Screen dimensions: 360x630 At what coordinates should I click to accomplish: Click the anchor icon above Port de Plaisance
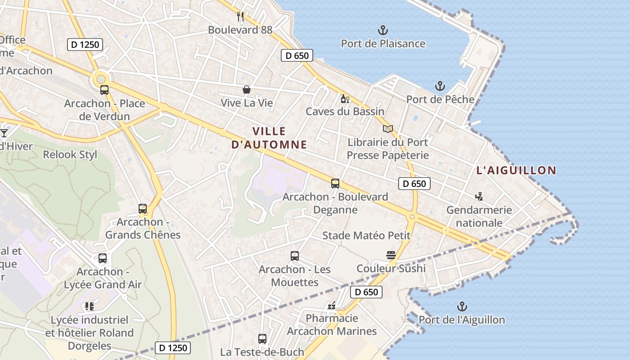click(x=382, y=31)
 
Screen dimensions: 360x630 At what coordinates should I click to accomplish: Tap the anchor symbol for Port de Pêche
click(x=440, y=86)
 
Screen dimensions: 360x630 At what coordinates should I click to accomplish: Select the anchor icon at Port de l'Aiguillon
click(x=462, y=307)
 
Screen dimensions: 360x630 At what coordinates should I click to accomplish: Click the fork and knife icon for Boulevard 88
click(x=240, y=17)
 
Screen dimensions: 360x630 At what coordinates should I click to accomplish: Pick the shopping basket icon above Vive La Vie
click(x=247, y=90)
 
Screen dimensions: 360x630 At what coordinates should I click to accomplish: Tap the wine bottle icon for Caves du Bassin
click(x=345, y=99)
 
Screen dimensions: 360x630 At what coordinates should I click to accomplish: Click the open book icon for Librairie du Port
click(x=388, y=129)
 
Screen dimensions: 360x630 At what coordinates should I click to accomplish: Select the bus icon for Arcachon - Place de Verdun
click(x=104, y=90)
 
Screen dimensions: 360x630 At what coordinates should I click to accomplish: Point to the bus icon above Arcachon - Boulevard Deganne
click(x=335, y=184)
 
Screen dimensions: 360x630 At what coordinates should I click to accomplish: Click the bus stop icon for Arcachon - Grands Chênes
click(x=143, y=209)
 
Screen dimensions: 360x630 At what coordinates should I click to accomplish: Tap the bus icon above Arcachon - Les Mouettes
click(x=295, y=256)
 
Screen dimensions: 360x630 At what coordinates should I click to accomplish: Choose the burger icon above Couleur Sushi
click(x=391, y=256)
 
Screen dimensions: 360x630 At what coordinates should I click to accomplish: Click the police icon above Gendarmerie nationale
click(x=479, y=196)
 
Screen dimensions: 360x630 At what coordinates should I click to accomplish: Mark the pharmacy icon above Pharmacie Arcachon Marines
click(x=332, y=305)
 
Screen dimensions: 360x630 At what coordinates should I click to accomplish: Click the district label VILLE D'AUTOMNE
click(x=269, y=138)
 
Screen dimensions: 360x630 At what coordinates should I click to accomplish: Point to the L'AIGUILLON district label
click(x=516, y=170)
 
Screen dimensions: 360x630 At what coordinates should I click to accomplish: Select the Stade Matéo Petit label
click(x=366, y=235)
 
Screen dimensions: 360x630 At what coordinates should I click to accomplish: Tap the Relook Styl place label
click(x=70, y=154)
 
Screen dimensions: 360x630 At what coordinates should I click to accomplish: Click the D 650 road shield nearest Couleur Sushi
click(x=366, y=292)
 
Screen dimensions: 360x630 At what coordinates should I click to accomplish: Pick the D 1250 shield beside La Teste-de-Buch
click(x=173, y=347)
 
